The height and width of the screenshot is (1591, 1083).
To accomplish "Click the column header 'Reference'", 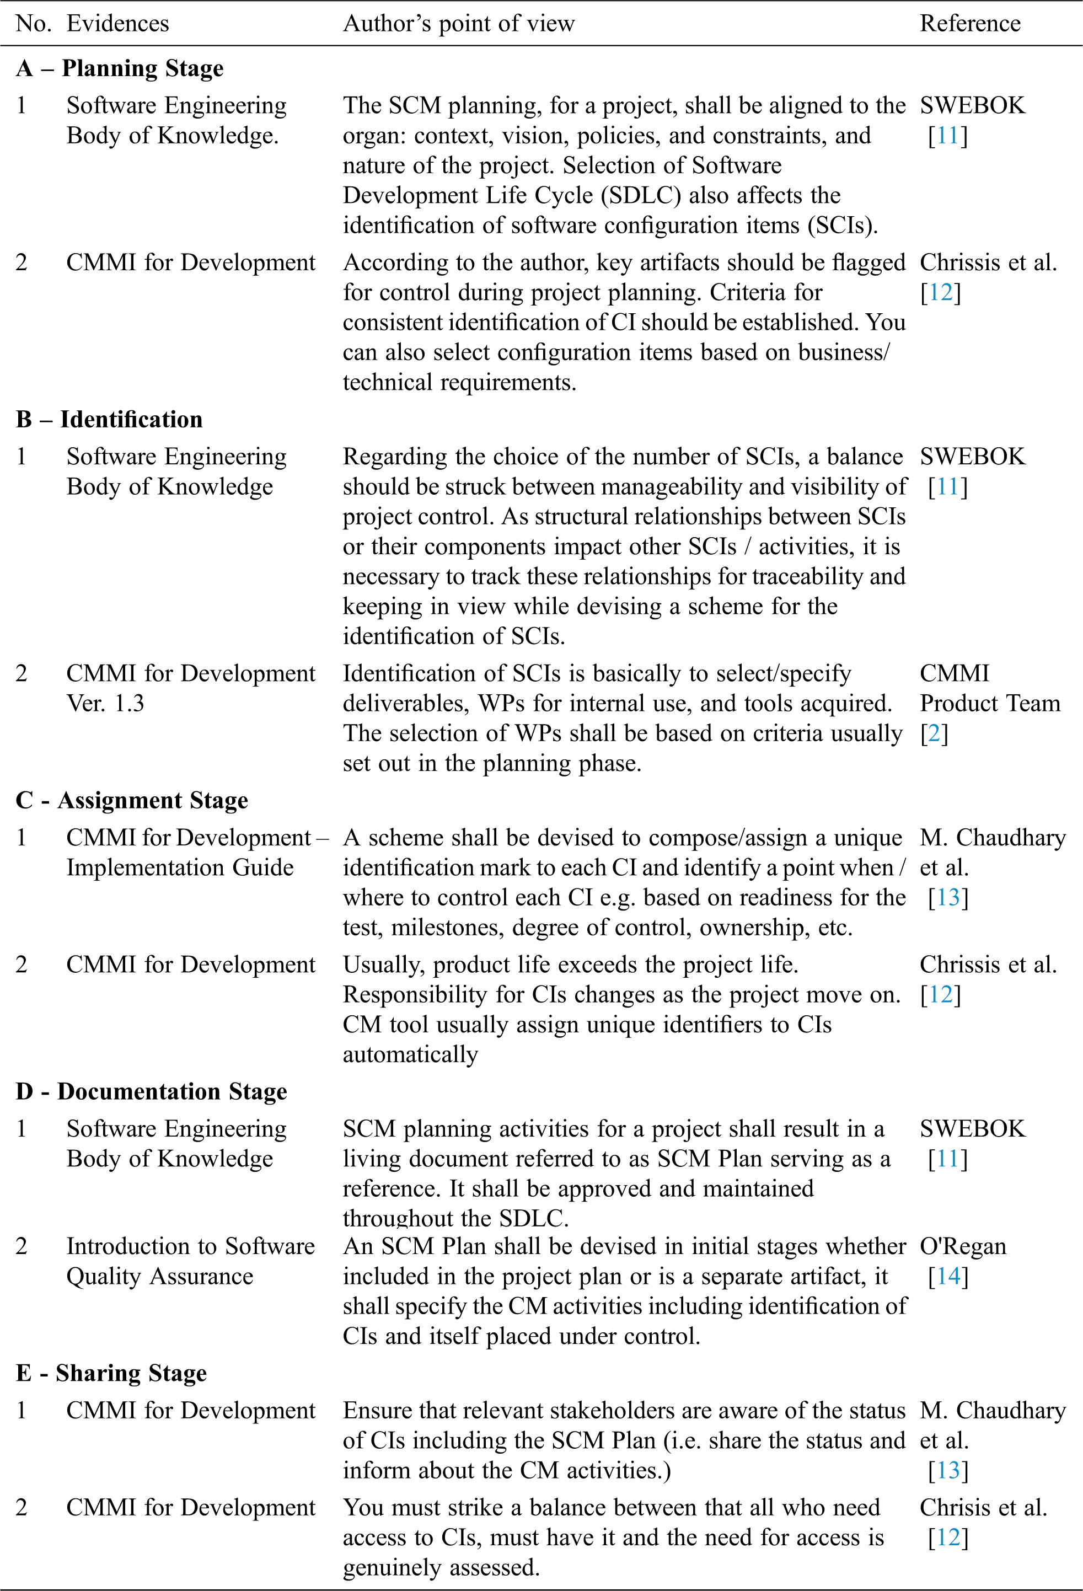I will pos(969,23).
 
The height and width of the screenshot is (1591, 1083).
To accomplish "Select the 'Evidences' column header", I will pos(118,23).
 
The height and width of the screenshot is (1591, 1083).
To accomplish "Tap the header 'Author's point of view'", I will pos(459,23).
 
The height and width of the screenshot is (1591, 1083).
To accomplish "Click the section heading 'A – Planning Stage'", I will pos(120,68).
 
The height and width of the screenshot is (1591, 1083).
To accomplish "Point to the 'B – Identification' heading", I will pos(110,419).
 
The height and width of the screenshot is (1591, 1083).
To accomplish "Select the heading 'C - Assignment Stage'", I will pos(132,800).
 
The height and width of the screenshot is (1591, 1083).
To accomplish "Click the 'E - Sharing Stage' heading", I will pos(111,1373).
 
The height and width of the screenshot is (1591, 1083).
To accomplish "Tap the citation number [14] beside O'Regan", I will pos(948,1276).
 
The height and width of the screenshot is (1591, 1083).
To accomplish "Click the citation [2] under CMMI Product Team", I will pos(934,733).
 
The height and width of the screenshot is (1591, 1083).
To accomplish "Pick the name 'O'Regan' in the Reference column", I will pos(963,1246).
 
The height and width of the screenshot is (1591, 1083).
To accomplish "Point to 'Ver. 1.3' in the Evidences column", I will pos(105,703).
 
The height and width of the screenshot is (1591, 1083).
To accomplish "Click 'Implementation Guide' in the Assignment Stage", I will pos(180,867).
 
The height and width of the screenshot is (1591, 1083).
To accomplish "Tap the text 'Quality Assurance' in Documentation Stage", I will pos(159,1276).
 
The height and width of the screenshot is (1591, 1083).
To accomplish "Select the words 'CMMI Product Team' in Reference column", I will pos(989,689).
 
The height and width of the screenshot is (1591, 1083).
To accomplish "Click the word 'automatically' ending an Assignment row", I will pos(410,1054).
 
